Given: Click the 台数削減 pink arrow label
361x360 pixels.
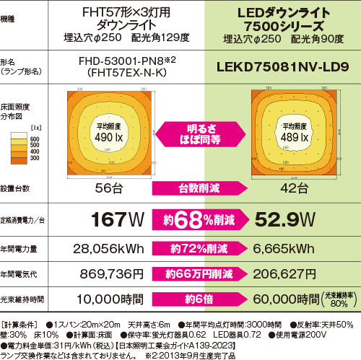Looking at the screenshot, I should point(196,188).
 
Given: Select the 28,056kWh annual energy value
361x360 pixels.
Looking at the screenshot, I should point(107,249).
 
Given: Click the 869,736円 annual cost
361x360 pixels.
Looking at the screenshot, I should point(108,274).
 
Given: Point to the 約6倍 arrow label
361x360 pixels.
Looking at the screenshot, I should point(197,299).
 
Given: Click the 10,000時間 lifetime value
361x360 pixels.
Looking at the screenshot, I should point(108,299).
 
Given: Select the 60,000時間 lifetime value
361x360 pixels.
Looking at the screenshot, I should point(277,299).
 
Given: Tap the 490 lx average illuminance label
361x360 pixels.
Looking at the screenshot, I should point(109,133).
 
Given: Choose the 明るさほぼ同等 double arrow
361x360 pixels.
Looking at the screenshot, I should point(197,133).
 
